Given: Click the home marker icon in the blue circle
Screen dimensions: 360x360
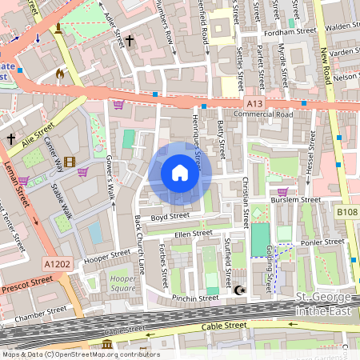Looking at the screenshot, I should coord(180,173).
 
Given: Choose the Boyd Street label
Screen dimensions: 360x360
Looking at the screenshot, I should coord(169,215).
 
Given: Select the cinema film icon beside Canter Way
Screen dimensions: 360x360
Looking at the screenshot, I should coord(70,162).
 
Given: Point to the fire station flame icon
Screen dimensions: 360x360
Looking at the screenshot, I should coord(59,74).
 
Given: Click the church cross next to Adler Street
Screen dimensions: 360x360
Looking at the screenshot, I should coord(129,39).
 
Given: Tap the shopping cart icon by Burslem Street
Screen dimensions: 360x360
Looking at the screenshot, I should coord(282,192).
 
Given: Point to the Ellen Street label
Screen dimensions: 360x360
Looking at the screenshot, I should coord(194,234).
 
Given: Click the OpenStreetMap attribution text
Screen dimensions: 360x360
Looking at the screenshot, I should coord(80,354).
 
